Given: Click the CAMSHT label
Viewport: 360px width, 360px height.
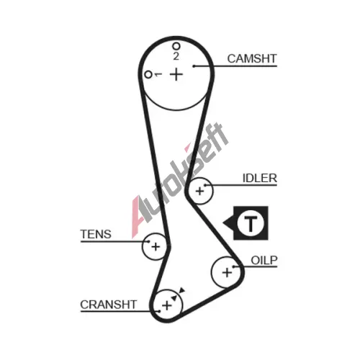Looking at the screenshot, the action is click(x=252, y=58).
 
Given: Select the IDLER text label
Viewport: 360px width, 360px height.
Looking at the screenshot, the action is click(x=260, y=179).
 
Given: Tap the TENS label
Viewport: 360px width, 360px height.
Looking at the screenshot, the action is click(x=96, y=234).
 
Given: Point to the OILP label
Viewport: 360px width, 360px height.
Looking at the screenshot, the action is click(x=264, y=261).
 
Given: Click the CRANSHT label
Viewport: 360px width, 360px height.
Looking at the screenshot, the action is click(x=109, y=305).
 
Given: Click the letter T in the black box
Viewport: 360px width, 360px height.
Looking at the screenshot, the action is click(x=251, y=223).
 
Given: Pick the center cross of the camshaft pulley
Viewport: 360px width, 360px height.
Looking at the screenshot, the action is click(x=176, y=74).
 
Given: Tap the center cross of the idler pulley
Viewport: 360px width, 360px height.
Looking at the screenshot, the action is click(x=199, y=192).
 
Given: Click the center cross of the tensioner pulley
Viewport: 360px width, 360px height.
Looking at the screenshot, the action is click(x=156, y=247).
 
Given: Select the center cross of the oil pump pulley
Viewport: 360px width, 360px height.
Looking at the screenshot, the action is click(x=227, y=273).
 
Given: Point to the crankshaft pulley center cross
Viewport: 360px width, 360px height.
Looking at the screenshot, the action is click(x=167, y=305).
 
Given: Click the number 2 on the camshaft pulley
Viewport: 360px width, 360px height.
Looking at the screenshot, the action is click(x=176, y=56).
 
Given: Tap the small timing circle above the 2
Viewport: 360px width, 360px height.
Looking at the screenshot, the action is click(x=176, y=46).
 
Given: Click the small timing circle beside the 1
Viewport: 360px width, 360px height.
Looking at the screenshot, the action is click(x=148, y=75).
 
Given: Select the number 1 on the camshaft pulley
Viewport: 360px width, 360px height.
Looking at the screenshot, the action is click(x=158, y=74).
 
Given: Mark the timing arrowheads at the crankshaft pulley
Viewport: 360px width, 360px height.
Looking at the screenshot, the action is click(x=178, y=294).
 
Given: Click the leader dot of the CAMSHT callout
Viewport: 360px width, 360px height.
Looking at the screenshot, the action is click(x=194, y=66).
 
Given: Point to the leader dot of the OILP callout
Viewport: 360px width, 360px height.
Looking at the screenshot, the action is click(x=233, y=266).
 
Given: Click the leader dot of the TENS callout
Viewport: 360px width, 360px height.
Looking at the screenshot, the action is click(x=149, y=241).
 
